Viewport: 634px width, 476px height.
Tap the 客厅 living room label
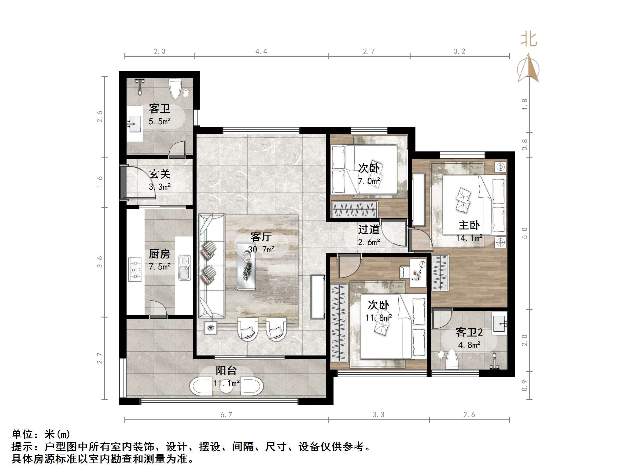[261, 236]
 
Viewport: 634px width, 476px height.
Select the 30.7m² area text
[261, 249]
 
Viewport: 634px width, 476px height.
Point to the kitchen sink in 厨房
[185, 268]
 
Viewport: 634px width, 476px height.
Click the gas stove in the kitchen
[135, 270]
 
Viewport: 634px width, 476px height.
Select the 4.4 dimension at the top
[261, 51]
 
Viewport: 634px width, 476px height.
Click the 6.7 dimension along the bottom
[226, 415]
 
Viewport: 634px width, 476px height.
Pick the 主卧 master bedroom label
[469, 225]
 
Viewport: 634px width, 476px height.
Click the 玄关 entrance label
[160, 174]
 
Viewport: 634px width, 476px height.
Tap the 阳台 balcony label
[226, 370]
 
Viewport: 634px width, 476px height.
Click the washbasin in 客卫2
[499, 323]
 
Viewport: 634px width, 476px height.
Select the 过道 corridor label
[369, 229]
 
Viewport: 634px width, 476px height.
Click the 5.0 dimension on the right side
[525, 233]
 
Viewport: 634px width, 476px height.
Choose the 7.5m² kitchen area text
[160, 266]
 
